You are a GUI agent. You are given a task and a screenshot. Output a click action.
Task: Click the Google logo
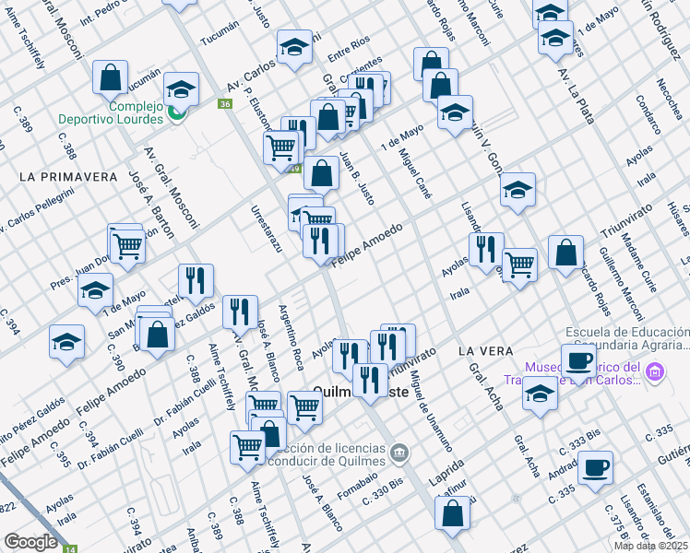[x=30, y=541]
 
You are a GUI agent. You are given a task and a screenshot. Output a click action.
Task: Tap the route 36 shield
[x=225, y=104]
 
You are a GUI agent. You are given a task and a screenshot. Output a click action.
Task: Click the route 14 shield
[x=70, y=549]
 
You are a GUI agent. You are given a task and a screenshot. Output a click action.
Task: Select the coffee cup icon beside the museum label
[x=578, y=360]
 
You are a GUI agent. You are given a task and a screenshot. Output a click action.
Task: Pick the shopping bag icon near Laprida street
[x=452, y=516]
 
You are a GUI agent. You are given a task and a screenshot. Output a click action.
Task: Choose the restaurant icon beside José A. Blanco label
[x=240, y=312]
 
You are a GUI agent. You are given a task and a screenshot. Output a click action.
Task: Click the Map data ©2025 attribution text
[x=650, y=546]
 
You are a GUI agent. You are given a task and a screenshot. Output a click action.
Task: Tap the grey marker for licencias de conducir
[x=399, y=452]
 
